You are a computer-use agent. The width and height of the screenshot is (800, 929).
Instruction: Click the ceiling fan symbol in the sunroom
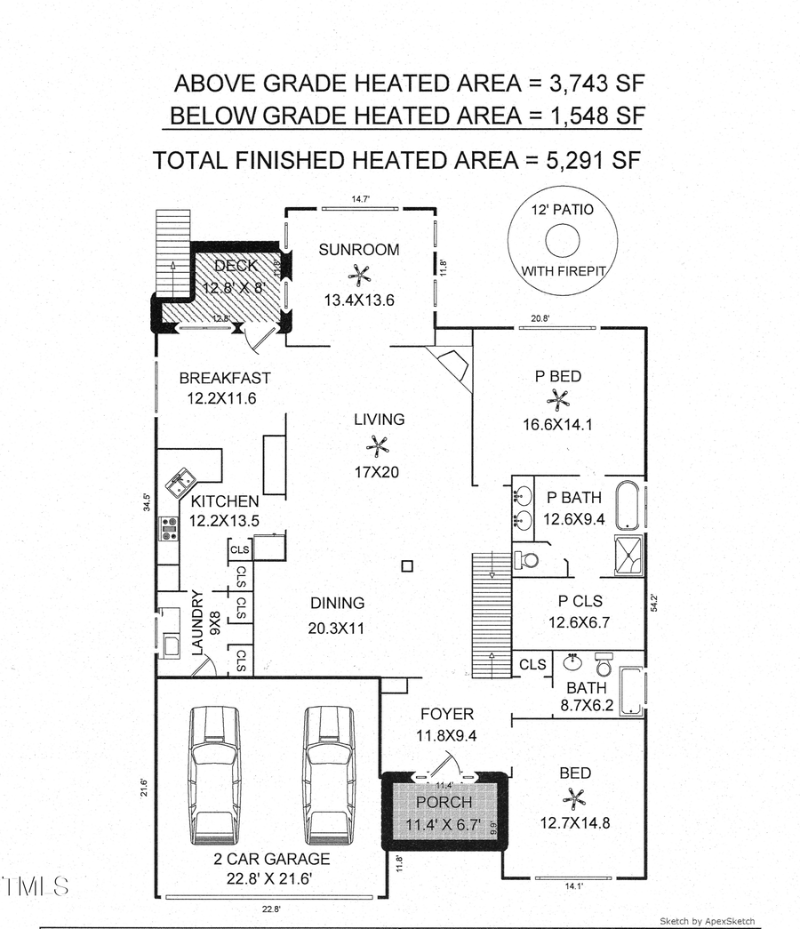click(x=359, y=275)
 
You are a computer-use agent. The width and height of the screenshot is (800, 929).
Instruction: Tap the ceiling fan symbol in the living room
click(x=379, y=445)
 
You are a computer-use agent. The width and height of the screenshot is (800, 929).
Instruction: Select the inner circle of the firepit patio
click(x=563, y=240)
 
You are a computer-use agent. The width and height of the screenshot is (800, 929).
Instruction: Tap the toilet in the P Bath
click(x=528, y=560)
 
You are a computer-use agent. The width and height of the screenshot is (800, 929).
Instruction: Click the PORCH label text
click(x=444, y=804)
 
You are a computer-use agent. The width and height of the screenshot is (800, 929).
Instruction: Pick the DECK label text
click(x=236, y=265)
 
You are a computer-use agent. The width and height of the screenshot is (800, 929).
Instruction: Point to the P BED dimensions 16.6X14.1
click(x=558, y=425)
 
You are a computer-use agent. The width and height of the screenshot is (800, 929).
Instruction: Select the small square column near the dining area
click(x=407, y=565)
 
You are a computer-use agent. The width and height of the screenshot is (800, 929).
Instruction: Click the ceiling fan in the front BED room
click(x=576, y=797)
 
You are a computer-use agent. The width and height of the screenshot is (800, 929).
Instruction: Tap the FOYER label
click(x=447, y=714)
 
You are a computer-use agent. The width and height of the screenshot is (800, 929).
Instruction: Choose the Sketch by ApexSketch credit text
click(x=707, y=920)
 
